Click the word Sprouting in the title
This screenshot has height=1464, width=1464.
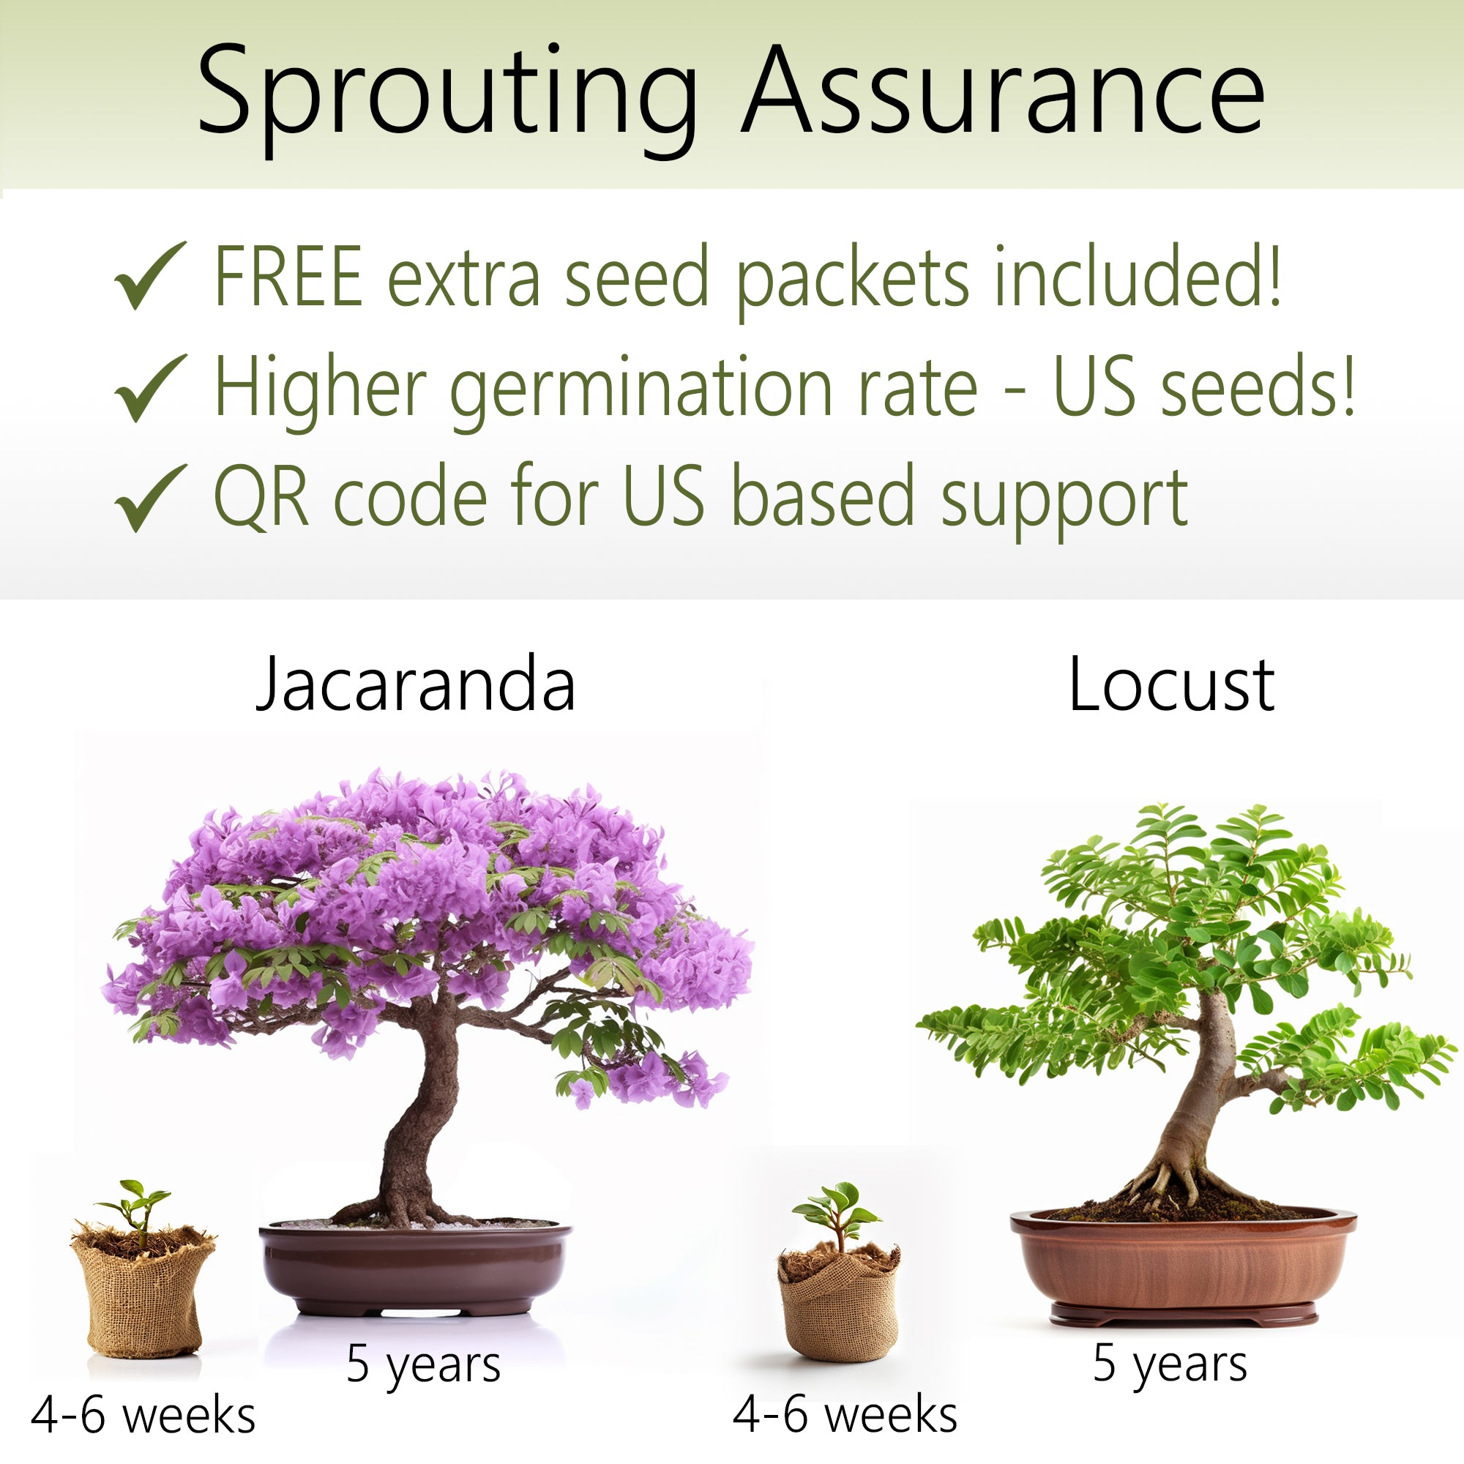(447, 99)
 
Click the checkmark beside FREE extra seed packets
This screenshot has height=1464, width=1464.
(150, 275)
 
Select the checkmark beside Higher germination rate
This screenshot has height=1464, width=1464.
(150, 386)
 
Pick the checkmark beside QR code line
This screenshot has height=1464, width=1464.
(150, 497)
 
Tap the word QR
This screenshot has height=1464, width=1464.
(261, 496)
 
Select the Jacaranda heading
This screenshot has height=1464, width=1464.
(416, 684)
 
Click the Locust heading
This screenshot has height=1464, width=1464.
(1171, 684)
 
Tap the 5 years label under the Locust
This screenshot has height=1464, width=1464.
(1170, 1364)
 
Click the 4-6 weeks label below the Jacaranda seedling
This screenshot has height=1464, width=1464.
(143, 1415)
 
